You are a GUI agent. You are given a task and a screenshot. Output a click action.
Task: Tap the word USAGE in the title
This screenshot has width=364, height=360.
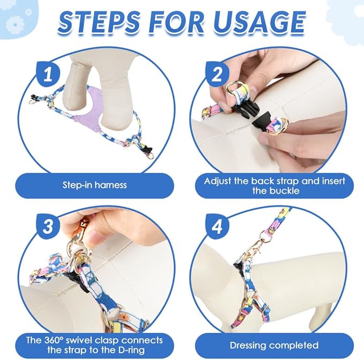(x=257, y=23)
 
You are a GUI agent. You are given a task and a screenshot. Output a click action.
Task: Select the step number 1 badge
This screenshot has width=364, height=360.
(x=48, y=74)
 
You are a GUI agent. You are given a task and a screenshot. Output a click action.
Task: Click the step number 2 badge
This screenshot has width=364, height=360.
(x=217, y=74)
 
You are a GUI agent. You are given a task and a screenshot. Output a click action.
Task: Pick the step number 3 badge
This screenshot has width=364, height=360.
(x=48, y=226)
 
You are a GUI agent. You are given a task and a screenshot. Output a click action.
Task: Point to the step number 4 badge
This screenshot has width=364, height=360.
(x=217, y=226)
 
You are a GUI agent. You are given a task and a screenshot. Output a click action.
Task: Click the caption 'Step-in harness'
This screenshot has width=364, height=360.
(x=95, y=185)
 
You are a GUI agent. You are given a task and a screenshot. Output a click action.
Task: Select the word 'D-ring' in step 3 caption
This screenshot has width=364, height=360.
(x=130, y=350)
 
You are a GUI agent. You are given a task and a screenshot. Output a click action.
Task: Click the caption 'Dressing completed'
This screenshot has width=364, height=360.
(x=274, y=346)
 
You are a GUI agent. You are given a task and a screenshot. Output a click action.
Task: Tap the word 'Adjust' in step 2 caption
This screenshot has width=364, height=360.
(x=218, y=181)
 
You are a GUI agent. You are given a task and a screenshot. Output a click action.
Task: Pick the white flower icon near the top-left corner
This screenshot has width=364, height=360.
(x=14, y=25)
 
